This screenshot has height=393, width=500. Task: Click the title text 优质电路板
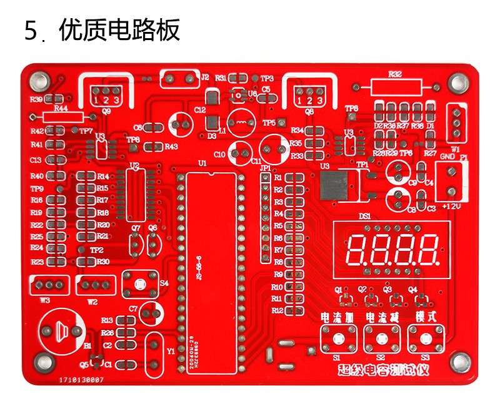[x=119, y=30]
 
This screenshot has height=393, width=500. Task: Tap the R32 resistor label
[x=394, y=74]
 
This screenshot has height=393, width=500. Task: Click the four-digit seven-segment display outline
[x=391, y=249]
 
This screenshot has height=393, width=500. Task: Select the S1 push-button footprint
[x=337, y=339]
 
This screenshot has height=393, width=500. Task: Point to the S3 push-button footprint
[x=426, y=339]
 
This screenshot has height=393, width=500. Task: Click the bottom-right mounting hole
[x=460, y=361]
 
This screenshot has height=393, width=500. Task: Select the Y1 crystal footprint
[x=154, y=350]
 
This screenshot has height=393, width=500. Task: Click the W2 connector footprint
[x=96, y=285]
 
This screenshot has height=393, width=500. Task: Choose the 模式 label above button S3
[x=426, y=317]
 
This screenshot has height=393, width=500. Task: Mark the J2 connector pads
[x=179, y=79]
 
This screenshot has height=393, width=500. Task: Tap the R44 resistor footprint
[x=61, y=117]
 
